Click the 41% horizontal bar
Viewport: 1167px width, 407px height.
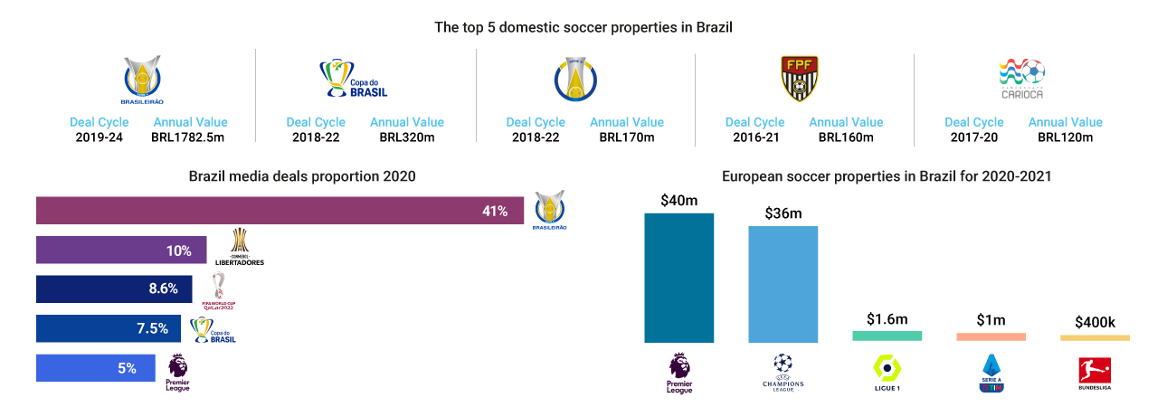point(280,211)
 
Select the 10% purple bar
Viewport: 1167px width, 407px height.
point(121,251)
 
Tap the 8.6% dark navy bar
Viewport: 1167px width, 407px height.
point(114,289)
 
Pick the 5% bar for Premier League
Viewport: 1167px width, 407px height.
point(95,368)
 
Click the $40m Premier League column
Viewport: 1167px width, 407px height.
point(678,278)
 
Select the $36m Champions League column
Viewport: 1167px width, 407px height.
point(783,284)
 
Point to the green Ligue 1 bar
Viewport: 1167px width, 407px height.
point(887,336)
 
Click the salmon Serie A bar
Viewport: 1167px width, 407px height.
point(991,337)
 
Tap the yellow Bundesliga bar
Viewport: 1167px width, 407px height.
point(1095,338)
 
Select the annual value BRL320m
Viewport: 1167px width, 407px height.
point(406,137)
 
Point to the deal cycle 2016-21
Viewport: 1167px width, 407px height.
point(755,137)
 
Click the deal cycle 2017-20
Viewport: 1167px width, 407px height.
point(974,137)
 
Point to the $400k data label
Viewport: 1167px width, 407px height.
point(1095,322)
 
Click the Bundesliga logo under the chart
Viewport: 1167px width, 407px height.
point(1095,373)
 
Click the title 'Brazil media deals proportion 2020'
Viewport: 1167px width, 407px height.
point(302,176)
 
